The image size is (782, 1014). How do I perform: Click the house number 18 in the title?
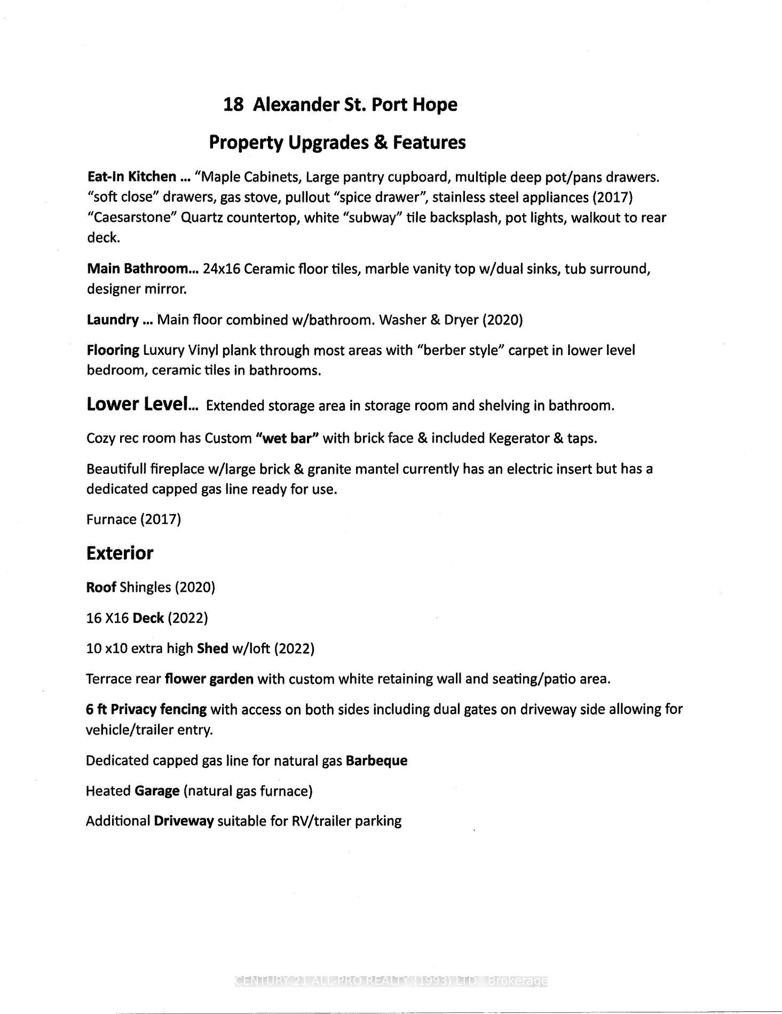coord(233,105)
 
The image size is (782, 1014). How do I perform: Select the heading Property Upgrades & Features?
coord(337,142)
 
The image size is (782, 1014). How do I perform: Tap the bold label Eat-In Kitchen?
coord(131,177)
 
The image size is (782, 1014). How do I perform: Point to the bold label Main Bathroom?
coord(138,268)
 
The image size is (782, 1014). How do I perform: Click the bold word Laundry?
coord(113,320)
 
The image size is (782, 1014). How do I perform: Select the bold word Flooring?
coord(113,350)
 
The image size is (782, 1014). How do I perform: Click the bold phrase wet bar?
coord(287,438)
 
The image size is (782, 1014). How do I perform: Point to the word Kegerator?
coord(518,438)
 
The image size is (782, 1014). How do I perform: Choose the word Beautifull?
coord(116,469)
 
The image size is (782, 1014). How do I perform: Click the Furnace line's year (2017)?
coord(160,519)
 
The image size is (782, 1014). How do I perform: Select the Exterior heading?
coord(120,553)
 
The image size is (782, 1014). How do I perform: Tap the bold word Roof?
coord(101,588)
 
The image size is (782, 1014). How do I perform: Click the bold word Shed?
coord(212,648)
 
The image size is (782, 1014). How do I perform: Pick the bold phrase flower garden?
coord(209,679)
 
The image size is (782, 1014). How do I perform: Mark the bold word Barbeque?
coord(376,760)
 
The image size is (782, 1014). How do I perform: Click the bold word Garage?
coord(156,791)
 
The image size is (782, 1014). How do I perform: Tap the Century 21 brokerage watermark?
coord(391,980)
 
